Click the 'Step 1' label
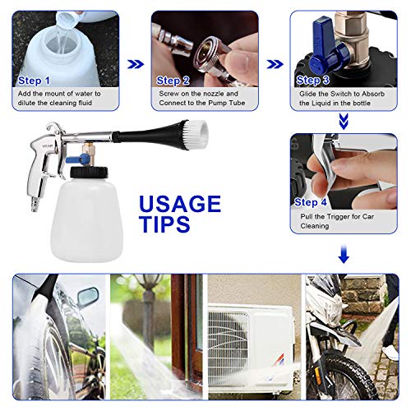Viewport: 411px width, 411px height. tap(35, 81)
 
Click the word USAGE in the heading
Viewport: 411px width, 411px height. tap(179, 204)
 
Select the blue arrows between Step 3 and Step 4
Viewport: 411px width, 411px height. tap(344, 122)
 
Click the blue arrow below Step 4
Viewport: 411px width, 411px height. tap(344, 256)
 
